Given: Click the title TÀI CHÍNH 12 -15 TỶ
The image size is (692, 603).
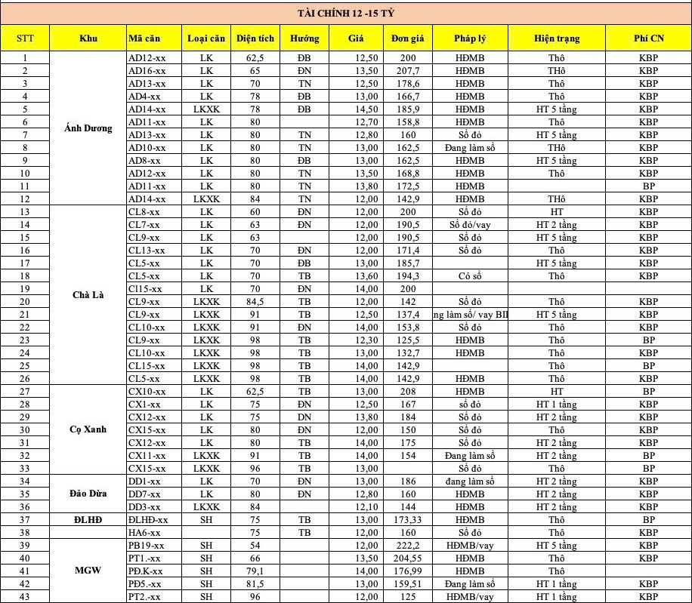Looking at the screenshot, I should pyautogui.click(x=345, y=13).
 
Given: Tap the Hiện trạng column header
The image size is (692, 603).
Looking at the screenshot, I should pyautogui.click(x=557, y=38).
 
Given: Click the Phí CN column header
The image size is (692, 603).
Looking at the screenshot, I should pyautogui.click(x=648, y=38).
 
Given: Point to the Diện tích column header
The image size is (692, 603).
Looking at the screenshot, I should pyautogui.click(x=255, y=38).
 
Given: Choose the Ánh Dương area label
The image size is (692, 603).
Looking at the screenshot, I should pyautogui.click(x=88, y=128).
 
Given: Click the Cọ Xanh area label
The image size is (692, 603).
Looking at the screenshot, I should pyautogui.click(x=88, y=429).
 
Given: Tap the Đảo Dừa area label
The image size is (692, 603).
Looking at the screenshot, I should pyautogui.click(x=88, y=494).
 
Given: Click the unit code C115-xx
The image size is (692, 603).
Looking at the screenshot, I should pyautogui.click(x=146, y=289).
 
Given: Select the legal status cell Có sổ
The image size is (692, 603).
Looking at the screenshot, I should pyautogui.click(x=470, y=276).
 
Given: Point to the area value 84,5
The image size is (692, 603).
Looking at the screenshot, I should pyautogui.click(x=255, y=302).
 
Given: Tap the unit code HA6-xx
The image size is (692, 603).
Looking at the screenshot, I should pyautogui.click(x=144, y=533).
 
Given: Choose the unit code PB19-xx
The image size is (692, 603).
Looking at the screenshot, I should pyautogui.click(x=147, y=546).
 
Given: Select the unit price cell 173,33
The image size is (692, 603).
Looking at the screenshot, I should pyautogui.click(x=409, y=520).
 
